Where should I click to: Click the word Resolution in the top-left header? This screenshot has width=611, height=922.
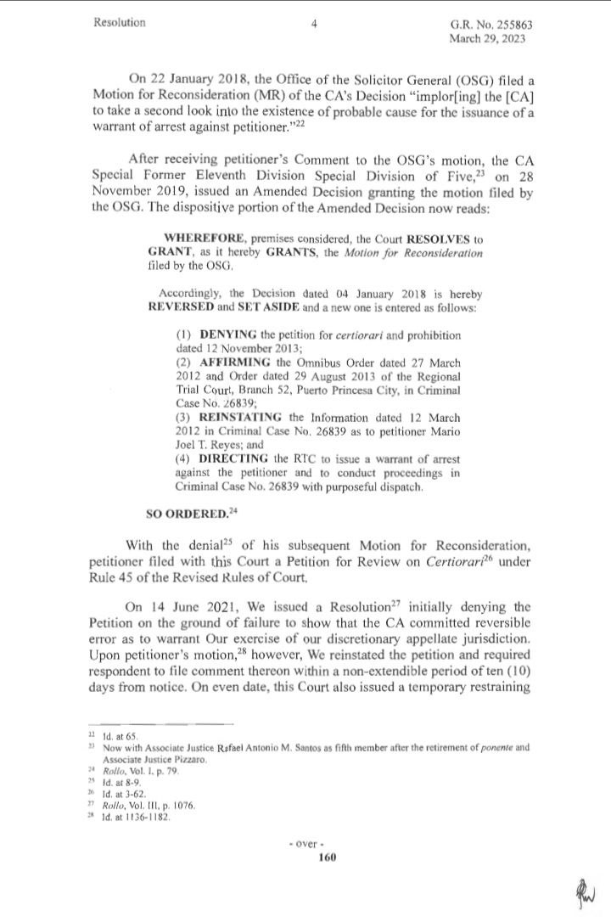(x=120, y=24)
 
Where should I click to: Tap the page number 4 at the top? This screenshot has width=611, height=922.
(x=314, y=25)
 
